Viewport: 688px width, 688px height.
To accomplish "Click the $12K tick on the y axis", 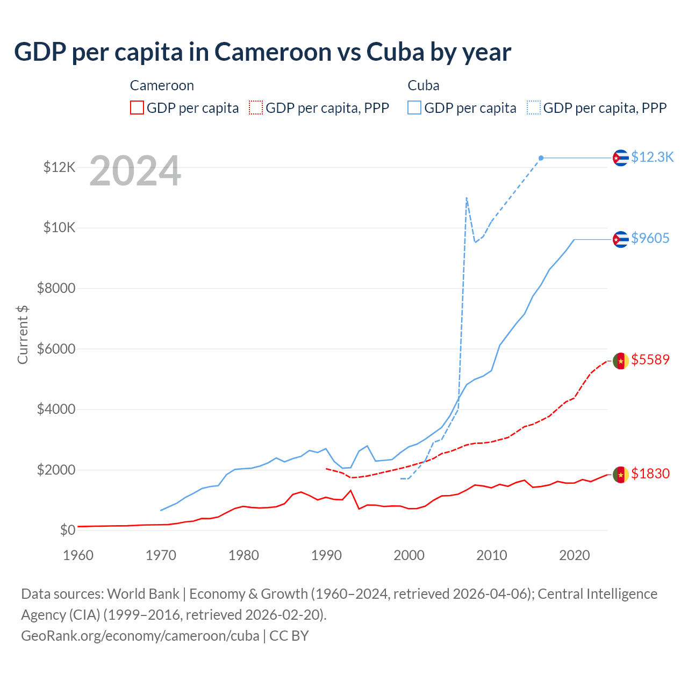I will pos(59,168).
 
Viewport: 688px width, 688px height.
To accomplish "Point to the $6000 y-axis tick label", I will pos(56,349).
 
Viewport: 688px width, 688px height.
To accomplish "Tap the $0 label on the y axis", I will pos(67,531).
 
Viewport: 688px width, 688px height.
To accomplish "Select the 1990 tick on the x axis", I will pos(327,555).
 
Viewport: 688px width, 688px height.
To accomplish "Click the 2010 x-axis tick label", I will pos(492,555).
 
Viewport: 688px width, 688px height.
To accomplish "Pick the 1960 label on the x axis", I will pos(78,555).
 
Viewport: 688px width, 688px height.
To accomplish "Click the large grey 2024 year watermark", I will pos(135,171).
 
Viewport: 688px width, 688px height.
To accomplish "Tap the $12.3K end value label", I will pos(652,157).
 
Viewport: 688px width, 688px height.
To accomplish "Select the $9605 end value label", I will pos(650,238).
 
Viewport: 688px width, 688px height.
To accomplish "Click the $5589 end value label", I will pos(650,360).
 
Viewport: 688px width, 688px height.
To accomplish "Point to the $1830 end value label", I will pos(650,474).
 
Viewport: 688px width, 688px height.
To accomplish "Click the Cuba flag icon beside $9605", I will pos(621,239).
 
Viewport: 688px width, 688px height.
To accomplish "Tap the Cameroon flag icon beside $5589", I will pos(621,361).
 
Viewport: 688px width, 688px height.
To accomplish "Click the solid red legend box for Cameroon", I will pos(137,107).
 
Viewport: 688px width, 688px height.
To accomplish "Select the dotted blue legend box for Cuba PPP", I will pos(534,107).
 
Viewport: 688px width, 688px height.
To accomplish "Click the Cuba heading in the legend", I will pos(424,85).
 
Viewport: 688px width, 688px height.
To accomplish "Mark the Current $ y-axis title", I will pos(23,335).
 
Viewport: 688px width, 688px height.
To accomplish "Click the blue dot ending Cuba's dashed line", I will pos(541,158).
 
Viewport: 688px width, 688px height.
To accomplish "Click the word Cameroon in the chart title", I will pos(273,52).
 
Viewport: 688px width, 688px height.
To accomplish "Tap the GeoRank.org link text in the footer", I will pos(140,636).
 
